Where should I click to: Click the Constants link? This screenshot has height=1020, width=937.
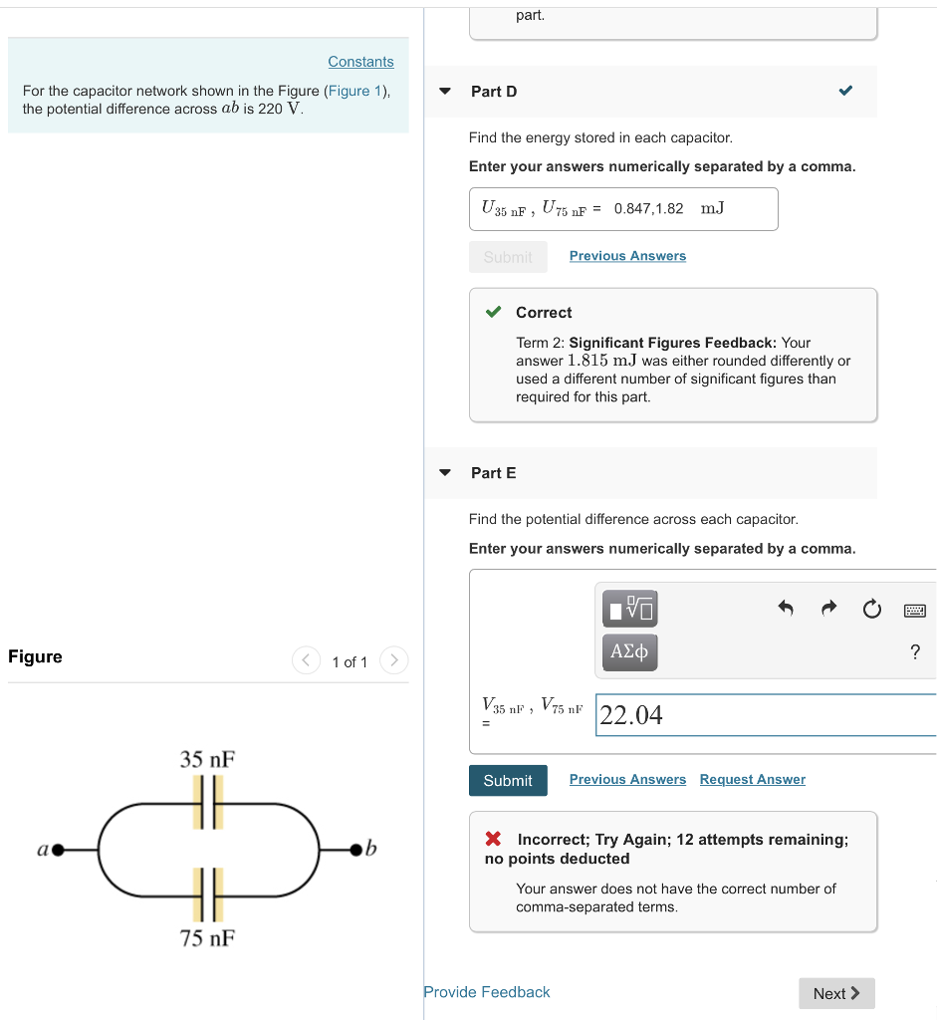360,62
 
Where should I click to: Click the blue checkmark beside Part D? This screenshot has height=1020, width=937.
845,91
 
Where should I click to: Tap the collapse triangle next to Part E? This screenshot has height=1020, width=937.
445,473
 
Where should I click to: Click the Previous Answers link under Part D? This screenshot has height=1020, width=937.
627,256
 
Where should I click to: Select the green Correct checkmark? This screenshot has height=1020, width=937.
494,313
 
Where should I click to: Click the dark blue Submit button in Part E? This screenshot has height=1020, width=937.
508,780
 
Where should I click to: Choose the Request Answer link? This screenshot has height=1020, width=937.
752,780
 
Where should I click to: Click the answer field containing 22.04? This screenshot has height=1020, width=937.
765,715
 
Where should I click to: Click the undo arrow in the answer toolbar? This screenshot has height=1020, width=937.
786,608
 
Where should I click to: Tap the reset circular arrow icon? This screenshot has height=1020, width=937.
871,608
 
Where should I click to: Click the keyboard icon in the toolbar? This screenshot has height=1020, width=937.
915,609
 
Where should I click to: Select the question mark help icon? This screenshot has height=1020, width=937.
915,652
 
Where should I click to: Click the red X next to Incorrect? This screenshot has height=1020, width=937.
494,840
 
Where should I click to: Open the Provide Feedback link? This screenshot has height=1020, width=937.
486,992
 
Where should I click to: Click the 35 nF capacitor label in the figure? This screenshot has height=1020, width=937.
207,759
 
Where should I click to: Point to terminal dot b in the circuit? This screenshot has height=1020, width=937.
354,850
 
